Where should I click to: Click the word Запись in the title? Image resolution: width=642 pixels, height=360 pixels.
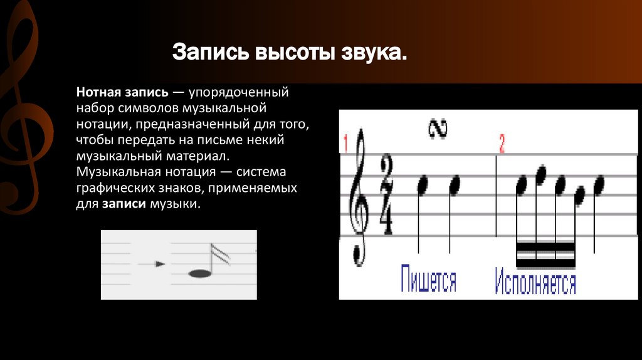tap(211, 53)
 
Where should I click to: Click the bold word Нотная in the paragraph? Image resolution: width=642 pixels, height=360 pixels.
tap(98, 92)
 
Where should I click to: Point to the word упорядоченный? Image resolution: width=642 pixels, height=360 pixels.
tap(239, 93)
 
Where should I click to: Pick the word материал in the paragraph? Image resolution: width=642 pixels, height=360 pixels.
tap(196, 156)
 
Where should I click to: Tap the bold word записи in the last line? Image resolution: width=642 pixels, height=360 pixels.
tap(124, 204)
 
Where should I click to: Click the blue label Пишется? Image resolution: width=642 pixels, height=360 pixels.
tap(428, 279)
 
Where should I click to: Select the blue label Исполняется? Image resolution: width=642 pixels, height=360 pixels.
tap(535, 282)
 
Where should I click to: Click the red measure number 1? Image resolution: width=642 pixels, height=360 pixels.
tap(345, 144)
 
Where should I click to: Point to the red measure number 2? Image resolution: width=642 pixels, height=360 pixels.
tap(502, 144)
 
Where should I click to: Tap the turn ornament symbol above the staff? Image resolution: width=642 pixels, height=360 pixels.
tap(438, 129)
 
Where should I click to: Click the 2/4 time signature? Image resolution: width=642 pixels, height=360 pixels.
tap(386, 194)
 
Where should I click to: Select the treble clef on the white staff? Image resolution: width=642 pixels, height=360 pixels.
tap(359, 198)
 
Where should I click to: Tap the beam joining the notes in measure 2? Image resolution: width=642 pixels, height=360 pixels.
tap(546, 254)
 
